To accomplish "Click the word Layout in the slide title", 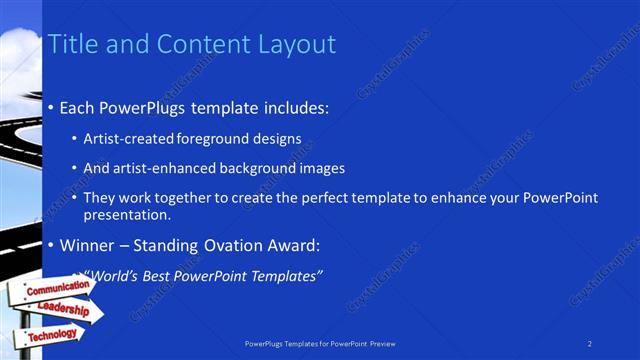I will (295, 44).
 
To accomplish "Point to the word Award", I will (292, 245).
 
